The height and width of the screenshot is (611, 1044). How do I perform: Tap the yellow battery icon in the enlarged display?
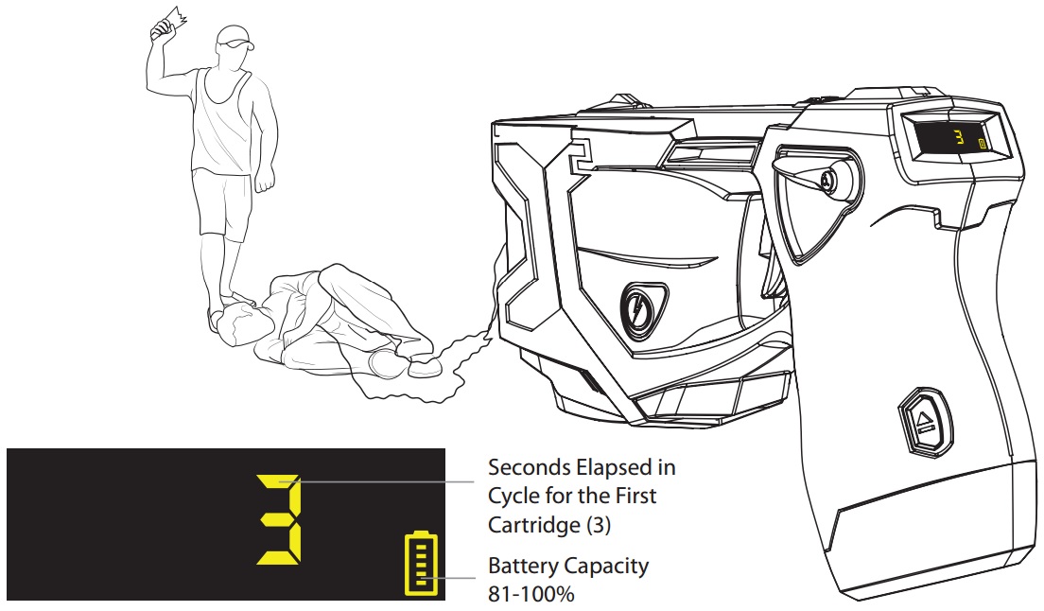pyautogui.click(x=420, y=566)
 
